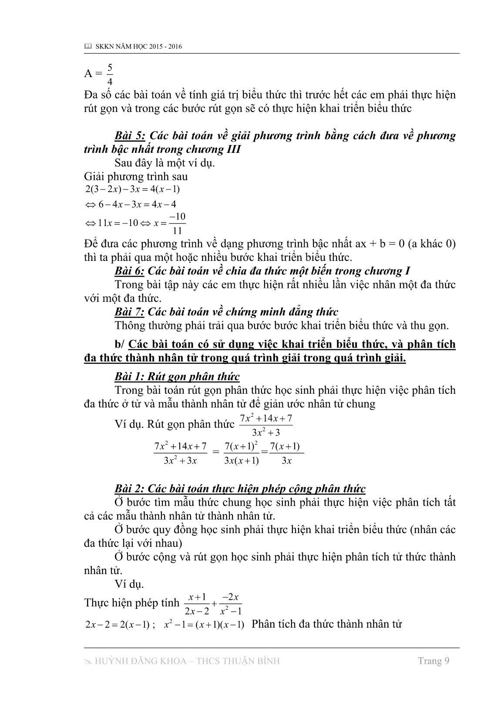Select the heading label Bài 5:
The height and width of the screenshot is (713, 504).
coord(130,135)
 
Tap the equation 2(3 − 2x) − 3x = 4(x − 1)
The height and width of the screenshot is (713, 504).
coord(133,189)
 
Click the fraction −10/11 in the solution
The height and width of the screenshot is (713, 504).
coord(177,223)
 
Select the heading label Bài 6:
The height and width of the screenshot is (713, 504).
coord(130,271)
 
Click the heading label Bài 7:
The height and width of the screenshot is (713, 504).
coord(130,312)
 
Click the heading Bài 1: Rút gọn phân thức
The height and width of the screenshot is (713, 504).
coord(177,377)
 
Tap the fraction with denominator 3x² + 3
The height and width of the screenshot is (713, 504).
coord(266,426)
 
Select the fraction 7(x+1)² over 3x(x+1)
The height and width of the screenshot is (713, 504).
coord(241,453)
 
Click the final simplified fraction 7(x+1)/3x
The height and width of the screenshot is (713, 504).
coord(286,453)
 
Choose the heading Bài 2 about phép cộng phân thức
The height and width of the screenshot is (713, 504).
coord(240,489)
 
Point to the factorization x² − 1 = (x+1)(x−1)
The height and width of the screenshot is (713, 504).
coord(204,625)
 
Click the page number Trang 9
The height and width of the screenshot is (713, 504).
coord(433,661)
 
